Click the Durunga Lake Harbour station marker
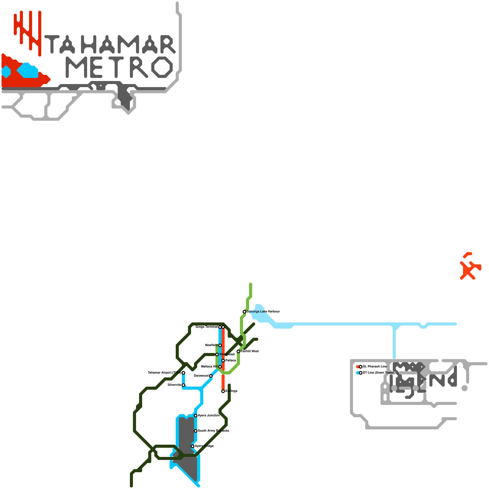(x=244, y=312)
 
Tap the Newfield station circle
(x=220, y=345)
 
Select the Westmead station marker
(x=217, y=355)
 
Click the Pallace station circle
(x=223, y=361)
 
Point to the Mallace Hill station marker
(x=220, y=367)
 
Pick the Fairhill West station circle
(x=238, y=351)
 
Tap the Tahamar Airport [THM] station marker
(x=183, y=373)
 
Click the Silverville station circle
(x=183, y=385)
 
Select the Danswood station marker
(x=211, y=376)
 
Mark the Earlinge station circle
(x=223, y=391)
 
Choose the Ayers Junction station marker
(x=196, y=416)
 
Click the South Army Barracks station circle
(x=196, y=431)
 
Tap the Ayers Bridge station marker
(x=193, y=446)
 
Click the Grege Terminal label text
(x=207, y=327)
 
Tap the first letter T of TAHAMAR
(x=52, y=44)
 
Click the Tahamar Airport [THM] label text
(x=164, y=373)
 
